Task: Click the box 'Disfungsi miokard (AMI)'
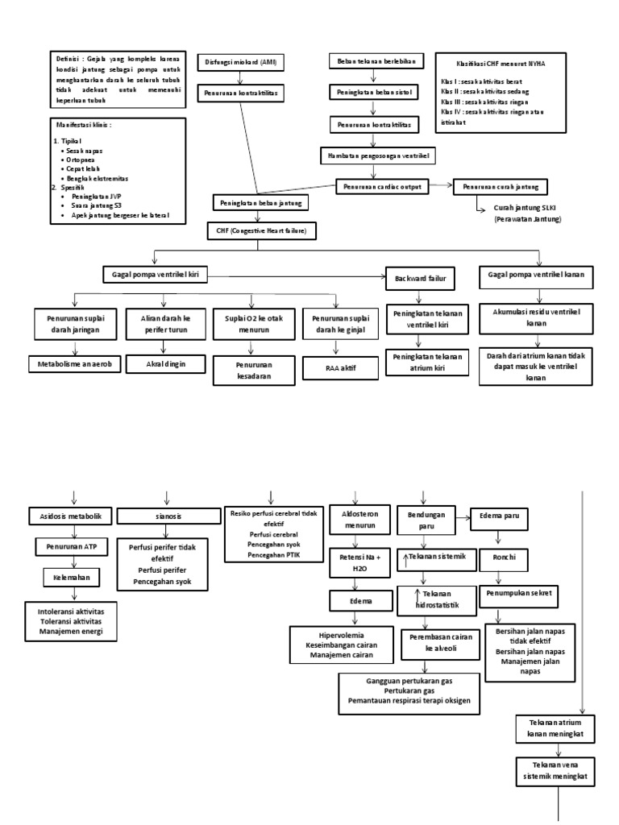coord(239,63)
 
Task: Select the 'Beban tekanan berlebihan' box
coord(374,62)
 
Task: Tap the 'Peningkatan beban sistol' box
coord(374,93)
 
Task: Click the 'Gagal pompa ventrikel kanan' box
coord(536,275)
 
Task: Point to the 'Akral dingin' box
coord(164,365)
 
